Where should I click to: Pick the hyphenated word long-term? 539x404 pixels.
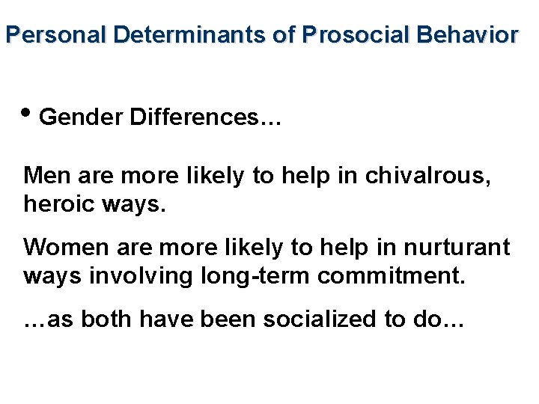pyautogui.click(x=255, y=275)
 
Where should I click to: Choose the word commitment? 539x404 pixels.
pyautogui.click(x=392, y=275)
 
